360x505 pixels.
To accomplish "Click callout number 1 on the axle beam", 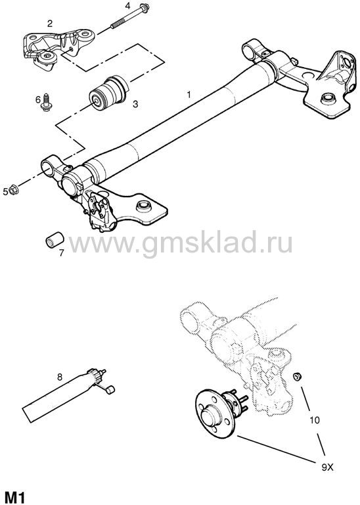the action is [x=189, y=95].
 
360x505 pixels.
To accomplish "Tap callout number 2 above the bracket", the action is [x=49, y=23].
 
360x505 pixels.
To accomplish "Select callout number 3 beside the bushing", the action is [x=135, y=104].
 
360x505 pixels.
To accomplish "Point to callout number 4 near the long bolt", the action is [x=127, y=5].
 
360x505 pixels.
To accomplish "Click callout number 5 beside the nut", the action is [x=5, y=192].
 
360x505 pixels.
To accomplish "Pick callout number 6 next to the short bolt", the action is [x=38, y=99].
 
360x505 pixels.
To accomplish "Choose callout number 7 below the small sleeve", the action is [x=61, y=252].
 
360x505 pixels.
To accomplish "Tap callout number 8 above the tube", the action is [x=60, y=377].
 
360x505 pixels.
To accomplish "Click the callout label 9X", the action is [x=327, y=467].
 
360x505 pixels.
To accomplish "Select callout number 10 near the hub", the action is [x=314, y=420].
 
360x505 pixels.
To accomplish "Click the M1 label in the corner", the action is [x=15, y=497].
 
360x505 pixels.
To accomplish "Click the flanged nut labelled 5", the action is [x=14, y=189].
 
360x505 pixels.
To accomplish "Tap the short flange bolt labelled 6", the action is [x=46, y=103].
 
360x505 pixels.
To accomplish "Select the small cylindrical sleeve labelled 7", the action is [x=54, y=239].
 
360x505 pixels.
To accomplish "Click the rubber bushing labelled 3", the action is [x=108, y=92].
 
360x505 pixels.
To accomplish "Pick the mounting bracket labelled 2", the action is [x=58, y=48].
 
